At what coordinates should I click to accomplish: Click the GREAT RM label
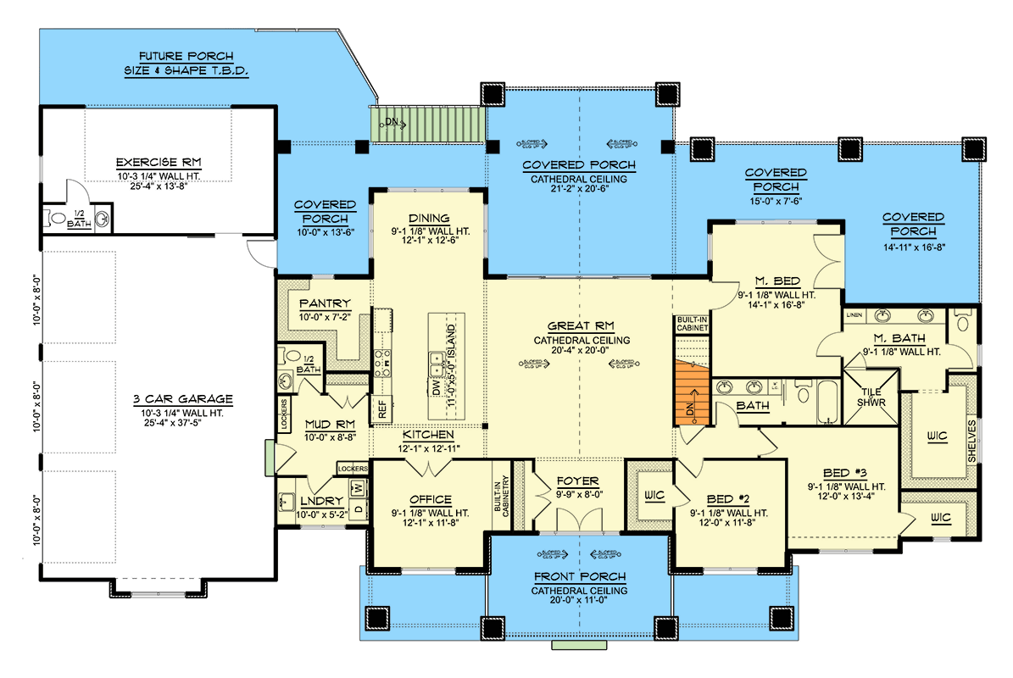[580, 325]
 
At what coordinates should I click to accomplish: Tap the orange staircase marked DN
[690, 391]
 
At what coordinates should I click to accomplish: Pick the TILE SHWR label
[871, 396]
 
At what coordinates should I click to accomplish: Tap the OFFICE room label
[431, 499]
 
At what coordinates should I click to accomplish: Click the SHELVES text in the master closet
[972, 440]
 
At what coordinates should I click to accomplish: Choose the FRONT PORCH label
[579, 576]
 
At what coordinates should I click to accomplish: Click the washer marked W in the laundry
[357, 487]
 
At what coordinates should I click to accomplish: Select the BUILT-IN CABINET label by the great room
[692, 325]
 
